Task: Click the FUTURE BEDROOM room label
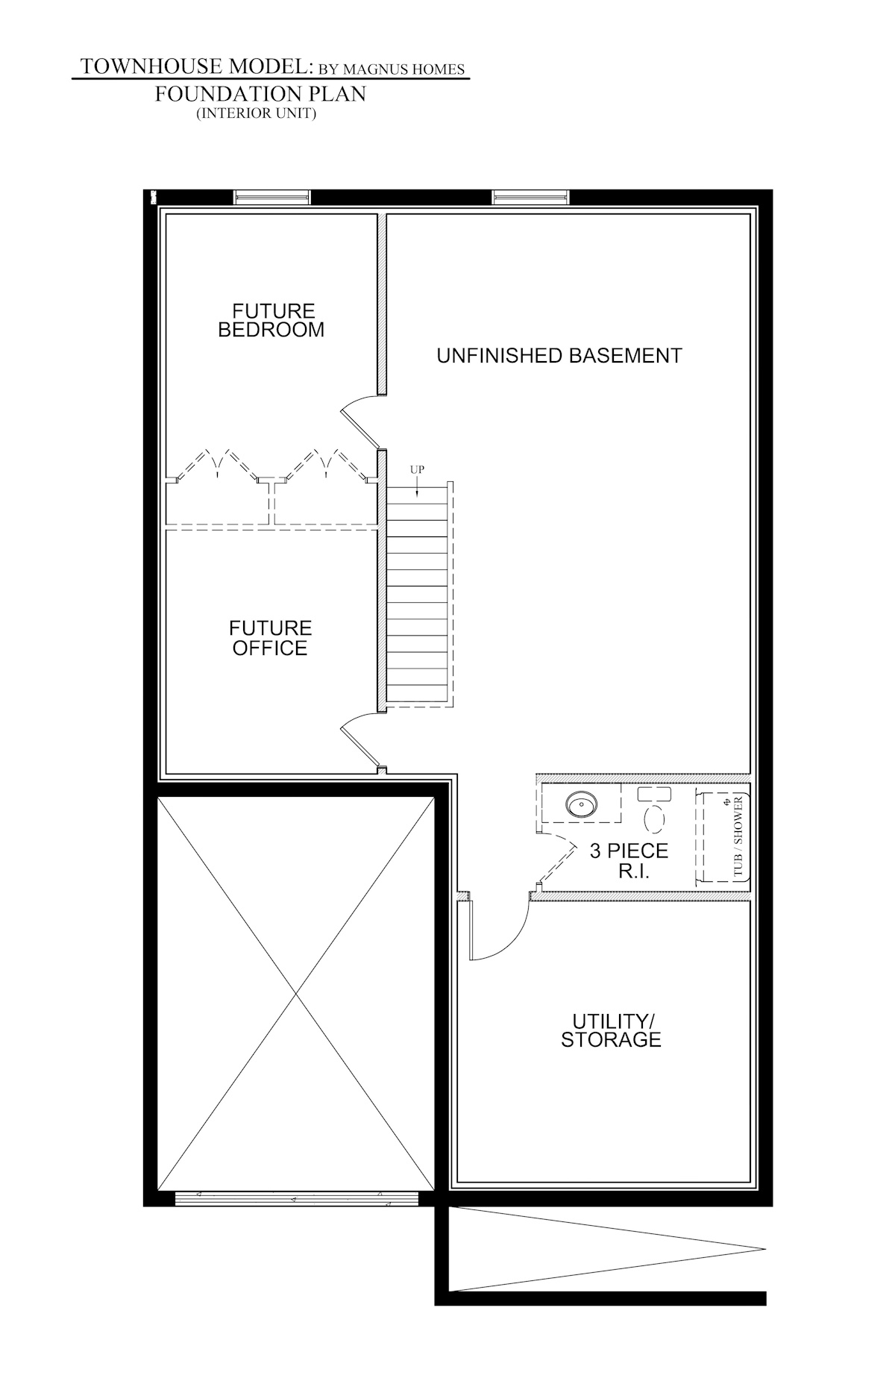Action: pos(271,320)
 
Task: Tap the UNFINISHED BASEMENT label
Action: pos(559,355)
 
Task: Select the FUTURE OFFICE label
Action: pos(270,638)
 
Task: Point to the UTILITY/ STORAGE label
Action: pos(611,1030)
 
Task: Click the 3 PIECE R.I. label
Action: pos(629,860)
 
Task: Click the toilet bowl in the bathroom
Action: pos(654,818)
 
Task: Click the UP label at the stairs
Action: pos(417,470)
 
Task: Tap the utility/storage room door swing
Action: pos(496,933)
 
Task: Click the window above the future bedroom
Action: pos(271,197)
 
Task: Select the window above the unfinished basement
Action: pos(530,197)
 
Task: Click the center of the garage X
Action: pos(297,994)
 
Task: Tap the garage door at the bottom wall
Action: pos(296,1198)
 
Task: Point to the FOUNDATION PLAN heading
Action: pos(260,95)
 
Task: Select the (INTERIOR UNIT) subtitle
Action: pos(257,114)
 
